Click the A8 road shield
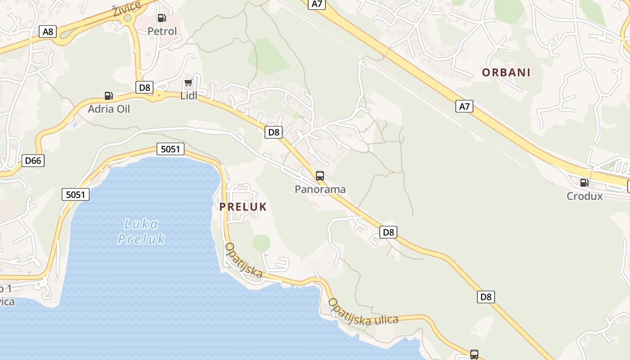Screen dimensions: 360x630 click(x=48, y=31)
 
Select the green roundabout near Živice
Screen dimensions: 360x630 click(x=128, y=18)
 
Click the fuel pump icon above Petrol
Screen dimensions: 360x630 click(x=162, y=18)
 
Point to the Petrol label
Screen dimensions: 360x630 click(x=162, y=31)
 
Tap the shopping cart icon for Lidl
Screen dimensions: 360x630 click(x=189, y=83)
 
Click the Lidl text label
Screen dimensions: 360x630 click(x=189, y=95)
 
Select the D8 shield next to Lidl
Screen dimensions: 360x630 click(x=144, y=87)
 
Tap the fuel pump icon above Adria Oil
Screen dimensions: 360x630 click(x=108, y=95)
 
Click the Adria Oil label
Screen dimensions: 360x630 click(x=108, y=109)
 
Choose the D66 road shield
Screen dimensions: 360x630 click(x=33, y=160)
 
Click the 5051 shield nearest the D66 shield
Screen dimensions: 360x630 click(x=76, y=194)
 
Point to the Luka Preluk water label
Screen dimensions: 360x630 click(x=141, y=231)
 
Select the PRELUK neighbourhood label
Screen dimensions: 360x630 click(x=243, y=207)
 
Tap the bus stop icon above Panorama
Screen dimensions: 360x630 click(x=320, y=176)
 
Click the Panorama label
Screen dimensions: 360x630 click(x=320, y=189)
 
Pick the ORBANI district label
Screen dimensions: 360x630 click(x=506, y=72)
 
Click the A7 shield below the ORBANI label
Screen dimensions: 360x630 click(x=464, y=106)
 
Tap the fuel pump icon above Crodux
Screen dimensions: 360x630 click(x=584, y=182)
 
